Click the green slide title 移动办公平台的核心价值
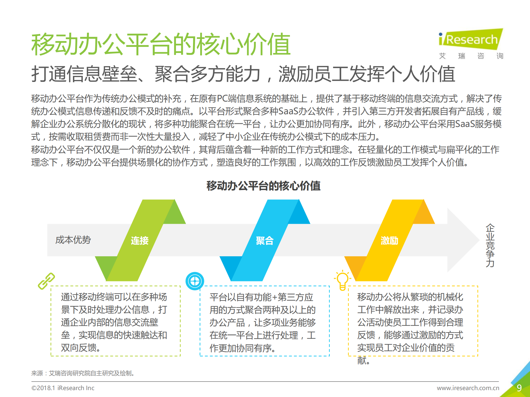point(161,44)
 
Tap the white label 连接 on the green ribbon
point(140,241)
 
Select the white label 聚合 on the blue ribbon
point(265,241)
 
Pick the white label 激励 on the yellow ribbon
point(389,241)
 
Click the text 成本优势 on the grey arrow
point(73,240)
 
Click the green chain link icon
point(46,281)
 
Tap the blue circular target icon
point(195,281)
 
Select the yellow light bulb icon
point(342,280)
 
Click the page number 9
point(519,388)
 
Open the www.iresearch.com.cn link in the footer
point(468,388)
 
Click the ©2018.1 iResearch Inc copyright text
point(63,388)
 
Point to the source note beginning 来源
point(83,373)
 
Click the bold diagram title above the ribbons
point(263,186)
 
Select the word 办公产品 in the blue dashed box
point(227,322)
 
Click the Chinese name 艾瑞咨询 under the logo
point(471,56)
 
